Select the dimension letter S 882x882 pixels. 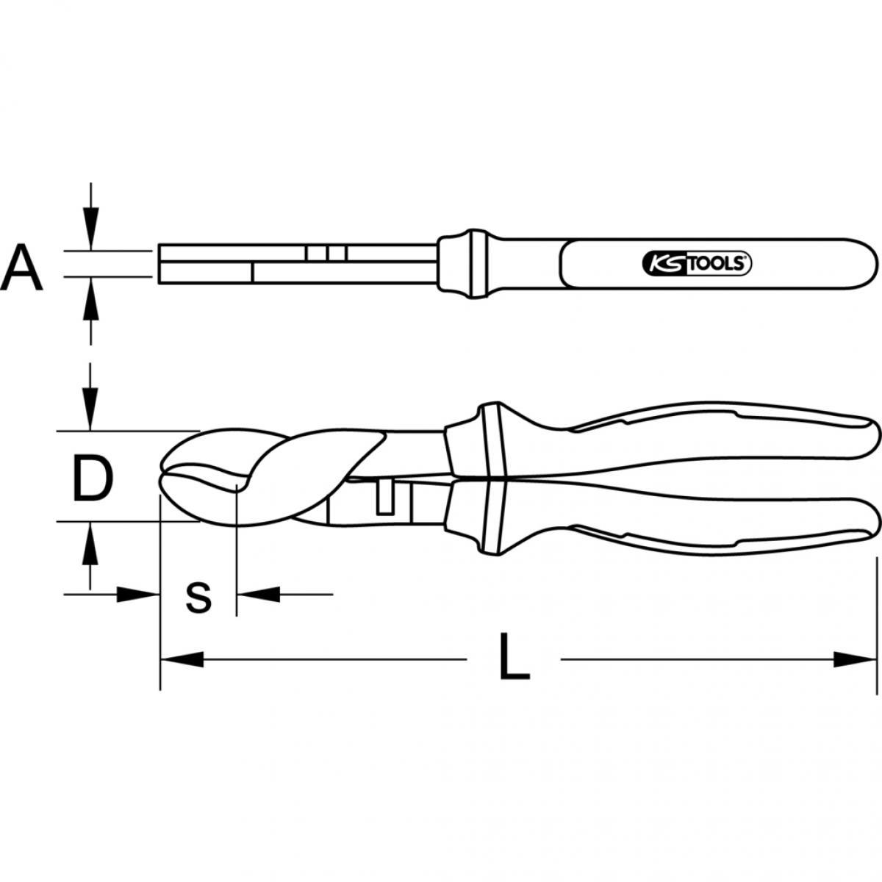(x=198, y=598)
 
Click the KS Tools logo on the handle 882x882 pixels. (x=697, y=264)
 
